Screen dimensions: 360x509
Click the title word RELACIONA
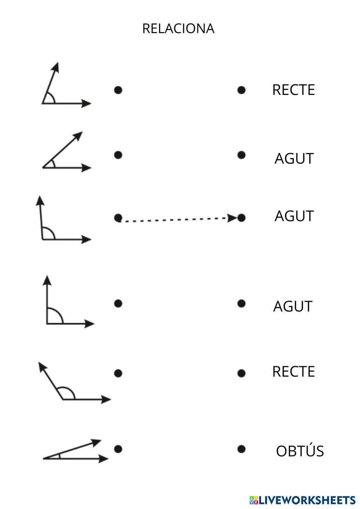click(x=178, y=28)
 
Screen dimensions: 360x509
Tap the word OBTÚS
click(x=300, y=451)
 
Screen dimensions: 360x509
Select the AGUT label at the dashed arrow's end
click(x=294, y=216)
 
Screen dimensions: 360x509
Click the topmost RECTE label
click(x=293, y=90)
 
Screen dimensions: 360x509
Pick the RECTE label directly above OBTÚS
click(x=293, y=371)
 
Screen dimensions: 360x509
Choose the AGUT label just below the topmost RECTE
click(x=294, y=158)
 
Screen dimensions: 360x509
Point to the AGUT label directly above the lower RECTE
click(x=292, y=306)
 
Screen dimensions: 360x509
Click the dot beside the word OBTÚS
click(x=241, y=449)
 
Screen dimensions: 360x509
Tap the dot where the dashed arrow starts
click(x=118, y=217)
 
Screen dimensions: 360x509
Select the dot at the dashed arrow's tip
click(x=241, y=217)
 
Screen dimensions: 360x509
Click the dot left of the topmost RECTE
click(x=241, y=90)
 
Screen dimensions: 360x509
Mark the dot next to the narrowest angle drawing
click(x=118, y=449)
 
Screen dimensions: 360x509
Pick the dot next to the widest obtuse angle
click(x=118, y=373)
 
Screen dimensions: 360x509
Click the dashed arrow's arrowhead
click(x=232, y=218)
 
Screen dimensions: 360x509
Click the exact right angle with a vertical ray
click(x=65, y=306)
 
